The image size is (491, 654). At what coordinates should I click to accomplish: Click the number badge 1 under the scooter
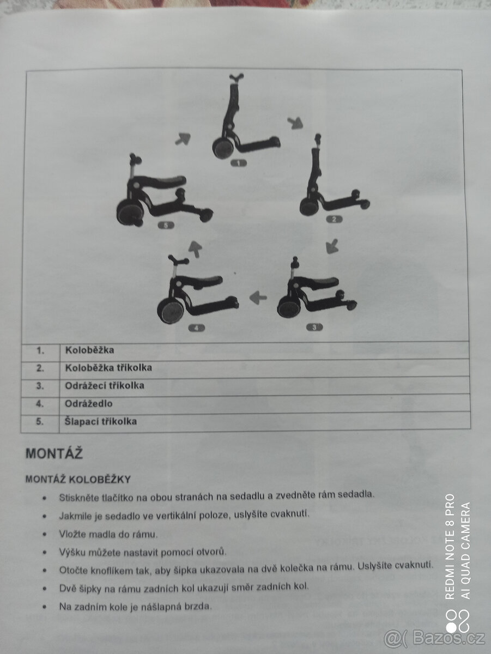[x=238, y=163]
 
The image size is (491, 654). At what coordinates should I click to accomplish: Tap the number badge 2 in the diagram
[x=334, y=219]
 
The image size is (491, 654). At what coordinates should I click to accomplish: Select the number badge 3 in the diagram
[x=314, y=327]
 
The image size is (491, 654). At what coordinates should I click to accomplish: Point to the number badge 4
[x=197, y=328]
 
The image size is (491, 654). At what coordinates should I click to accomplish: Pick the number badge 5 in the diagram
[x=166, y=225]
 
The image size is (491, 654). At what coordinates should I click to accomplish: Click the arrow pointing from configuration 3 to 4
[x=258, y=298]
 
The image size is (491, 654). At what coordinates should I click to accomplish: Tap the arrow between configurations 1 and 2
[x=295, y=123]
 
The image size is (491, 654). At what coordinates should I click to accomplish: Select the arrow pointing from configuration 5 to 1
[x=183, y=139]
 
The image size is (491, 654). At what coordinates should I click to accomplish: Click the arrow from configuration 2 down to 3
[x=332, y=246]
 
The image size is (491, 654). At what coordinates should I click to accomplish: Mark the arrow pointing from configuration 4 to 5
[x=196, y=249]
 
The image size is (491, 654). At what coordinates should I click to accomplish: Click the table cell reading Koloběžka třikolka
[x=108, y=368]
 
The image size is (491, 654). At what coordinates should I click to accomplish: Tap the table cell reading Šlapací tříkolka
[x=101, y=421]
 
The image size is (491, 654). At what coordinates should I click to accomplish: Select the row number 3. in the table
[x=40, y=386]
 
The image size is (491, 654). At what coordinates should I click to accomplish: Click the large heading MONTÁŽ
[x=54, y=453]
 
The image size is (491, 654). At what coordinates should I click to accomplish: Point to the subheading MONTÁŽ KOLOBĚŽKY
[x=78, y=480]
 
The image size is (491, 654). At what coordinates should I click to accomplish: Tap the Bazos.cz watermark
[x=435, y=637]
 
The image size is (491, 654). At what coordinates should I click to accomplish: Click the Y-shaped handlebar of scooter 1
[x=237, y=78]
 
